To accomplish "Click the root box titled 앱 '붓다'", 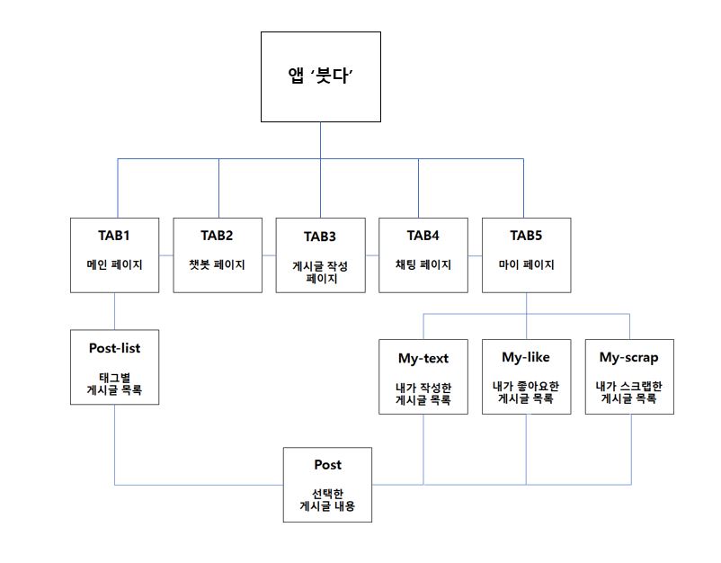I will pos(320,76).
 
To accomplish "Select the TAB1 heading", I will pos(114,236).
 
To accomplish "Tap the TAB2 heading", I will pos(217,236).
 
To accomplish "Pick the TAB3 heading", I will pos(320,237).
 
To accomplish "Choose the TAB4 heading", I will pos(423,236).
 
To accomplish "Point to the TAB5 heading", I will pos(526,236).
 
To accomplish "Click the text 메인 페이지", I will pos(114,265).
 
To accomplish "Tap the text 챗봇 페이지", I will pos(217,265).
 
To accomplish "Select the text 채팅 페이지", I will pos(423,265).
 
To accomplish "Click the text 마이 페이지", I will pos(526,265).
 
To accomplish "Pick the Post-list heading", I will pos(114,348).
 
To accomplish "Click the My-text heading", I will pos(423,358).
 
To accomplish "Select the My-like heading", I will pos(526,358).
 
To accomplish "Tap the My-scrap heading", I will pos(629,358).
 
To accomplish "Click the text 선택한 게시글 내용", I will pos(327,500).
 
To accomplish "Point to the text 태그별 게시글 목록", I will pos(114,385).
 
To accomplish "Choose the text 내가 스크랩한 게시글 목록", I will pos(629,392).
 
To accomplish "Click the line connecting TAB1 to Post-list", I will pos(114,311).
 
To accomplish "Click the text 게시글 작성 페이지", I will pos(320,273).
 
